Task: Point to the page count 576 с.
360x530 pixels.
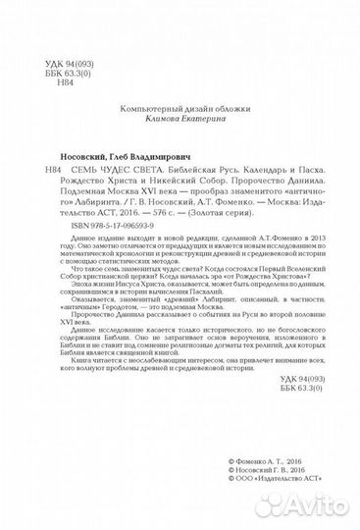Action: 152,238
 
